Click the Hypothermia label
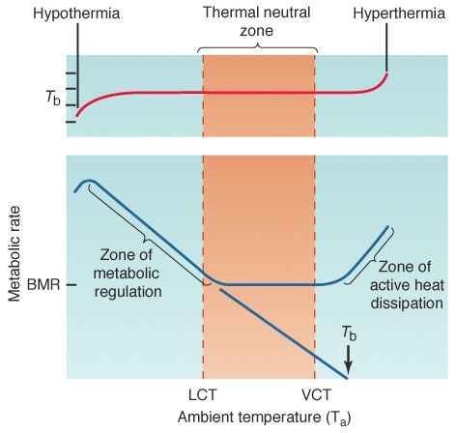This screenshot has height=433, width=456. (x=76, y=14)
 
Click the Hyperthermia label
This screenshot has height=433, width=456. (x=399, y=14)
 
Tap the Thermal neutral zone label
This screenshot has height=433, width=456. (x=257, y=21)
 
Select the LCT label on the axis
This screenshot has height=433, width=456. (x=203, y=395)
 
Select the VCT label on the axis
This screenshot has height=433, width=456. (x=316, y=395)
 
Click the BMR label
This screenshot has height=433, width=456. (x=43, y=285)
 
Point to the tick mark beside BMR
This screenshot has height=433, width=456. (x=72, y=285)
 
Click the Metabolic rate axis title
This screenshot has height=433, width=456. (x=14, y=254)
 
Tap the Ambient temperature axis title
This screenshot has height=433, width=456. (x=264, y=418)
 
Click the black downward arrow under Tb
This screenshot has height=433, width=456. (x=348, y=361)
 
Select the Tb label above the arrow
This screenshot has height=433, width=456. (x=349, y=333)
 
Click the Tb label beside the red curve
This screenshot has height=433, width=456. (x=53, y=98)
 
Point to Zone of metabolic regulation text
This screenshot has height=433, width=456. (x=128, y=274)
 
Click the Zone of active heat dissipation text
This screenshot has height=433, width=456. (x=407, y=285)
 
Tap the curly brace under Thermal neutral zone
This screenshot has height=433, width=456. (x=257, y=47)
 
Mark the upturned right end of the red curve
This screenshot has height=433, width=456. (x=386, y=74)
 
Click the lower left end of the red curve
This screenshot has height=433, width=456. (x=77, y=116)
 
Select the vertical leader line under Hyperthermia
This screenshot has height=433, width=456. (x=386, y=47)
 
